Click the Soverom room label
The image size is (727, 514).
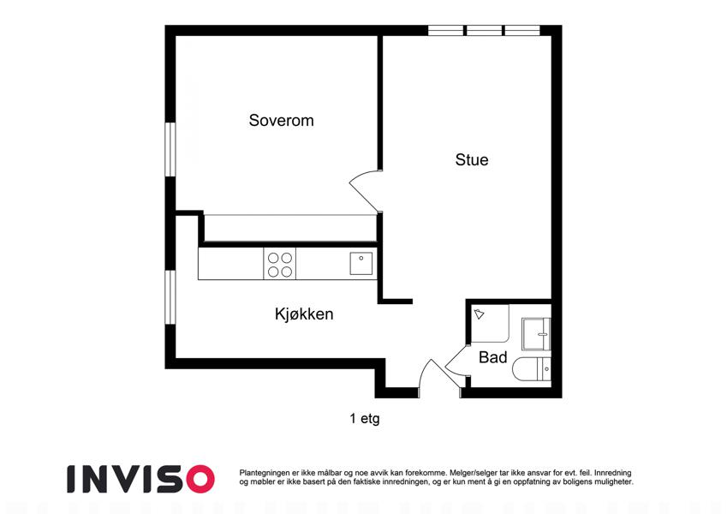[281, 121]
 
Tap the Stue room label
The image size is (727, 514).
[472, 160]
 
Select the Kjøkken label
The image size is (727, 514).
[304, 314]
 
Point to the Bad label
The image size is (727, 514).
[492, 357]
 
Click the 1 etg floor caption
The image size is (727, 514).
[365, 418]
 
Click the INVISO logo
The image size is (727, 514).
[141, 479]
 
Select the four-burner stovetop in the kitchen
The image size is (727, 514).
[279, 264]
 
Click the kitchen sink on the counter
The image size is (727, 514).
[361, 263]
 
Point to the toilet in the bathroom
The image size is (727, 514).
[532, 370]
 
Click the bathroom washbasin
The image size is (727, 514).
[536, 333]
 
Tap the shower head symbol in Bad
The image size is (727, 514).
[479, 314]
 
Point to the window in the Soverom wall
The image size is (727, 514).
[170, 149]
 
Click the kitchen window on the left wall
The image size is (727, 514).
[170, 297]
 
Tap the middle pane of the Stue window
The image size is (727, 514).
[484, 31]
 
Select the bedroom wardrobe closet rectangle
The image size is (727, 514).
[290, 228]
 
